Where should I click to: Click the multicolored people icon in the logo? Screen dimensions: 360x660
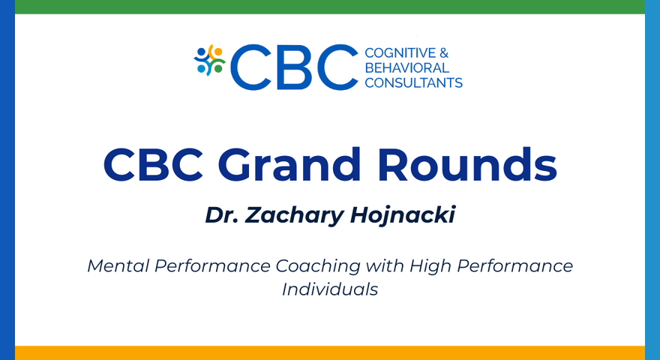(209, 60)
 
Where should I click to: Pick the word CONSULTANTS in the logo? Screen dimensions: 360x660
(413, 82)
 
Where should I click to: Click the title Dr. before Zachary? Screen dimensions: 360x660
(222, 215)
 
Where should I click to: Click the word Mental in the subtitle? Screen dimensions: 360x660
(114, 266)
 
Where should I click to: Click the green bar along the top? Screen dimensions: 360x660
(330, 7)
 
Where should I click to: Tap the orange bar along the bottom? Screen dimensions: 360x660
(330, 352)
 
